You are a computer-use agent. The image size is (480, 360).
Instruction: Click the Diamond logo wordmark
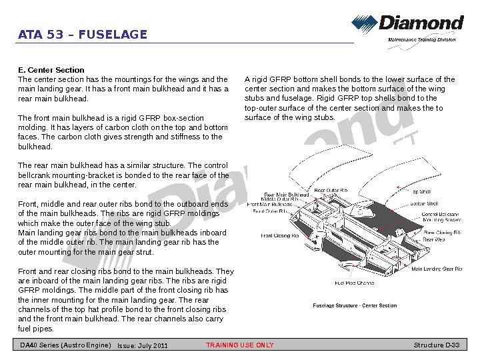coord(421,23)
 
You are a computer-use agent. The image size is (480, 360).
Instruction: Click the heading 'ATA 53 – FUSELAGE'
coord(83,35)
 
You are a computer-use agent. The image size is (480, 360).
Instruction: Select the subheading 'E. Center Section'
coord(51,70)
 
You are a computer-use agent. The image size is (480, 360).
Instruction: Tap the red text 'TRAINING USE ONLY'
coord(239,345)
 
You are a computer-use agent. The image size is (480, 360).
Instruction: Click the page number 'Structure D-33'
coord(437,345)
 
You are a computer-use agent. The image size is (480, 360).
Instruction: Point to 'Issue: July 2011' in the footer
coord(143,345)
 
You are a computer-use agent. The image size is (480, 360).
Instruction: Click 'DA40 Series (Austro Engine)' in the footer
coord(65,345)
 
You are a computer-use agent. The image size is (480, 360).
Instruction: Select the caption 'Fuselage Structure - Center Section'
coord(355,306)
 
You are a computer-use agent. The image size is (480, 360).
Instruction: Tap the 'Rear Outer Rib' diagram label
coord(331,190)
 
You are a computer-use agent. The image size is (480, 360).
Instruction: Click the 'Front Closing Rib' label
coord(280,235)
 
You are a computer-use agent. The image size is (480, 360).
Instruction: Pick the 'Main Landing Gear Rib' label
coord(437,269)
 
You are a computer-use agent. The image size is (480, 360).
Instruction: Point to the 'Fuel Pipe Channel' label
coord(355,283)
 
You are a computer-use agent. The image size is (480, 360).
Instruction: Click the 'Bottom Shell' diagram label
coord(424,203)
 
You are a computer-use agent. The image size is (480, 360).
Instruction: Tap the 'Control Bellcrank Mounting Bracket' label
coord(441,217)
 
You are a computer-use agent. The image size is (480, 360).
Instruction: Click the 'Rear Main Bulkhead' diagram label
coord(287,195)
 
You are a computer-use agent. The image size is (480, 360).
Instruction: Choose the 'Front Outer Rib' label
coord(270,211)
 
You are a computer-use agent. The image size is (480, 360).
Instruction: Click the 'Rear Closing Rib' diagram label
coord(443,233)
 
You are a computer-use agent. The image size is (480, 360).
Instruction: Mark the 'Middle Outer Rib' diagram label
coord(279,199)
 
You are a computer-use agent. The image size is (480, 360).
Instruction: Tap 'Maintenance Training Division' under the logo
coord(421,40)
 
